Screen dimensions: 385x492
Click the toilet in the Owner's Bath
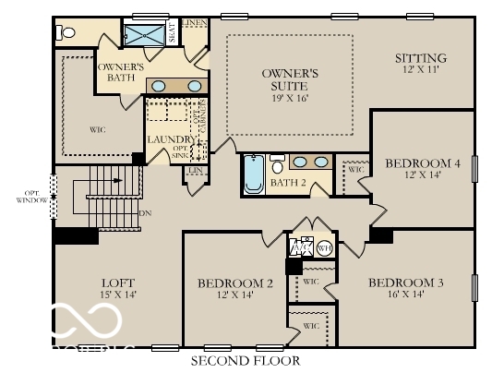point(65,32)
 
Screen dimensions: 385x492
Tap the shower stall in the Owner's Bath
point(143,34)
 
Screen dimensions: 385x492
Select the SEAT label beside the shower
point(171,33)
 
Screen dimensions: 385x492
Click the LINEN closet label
point(194,21)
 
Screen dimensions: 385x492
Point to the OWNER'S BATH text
point(120,73)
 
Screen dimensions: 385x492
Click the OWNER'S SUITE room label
point(290,78)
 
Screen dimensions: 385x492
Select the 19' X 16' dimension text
point(290,97)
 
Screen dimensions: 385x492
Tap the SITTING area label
point(420,57)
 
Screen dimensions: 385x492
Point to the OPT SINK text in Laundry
point(180,152)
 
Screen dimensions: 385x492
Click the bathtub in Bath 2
point(254,175)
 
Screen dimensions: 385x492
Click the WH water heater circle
point(324,247)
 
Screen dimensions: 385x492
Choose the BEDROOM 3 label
point(406,282)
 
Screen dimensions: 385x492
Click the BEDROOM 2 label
point(235,283)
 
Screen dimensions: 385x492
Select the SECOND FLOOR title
point(246,360)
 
